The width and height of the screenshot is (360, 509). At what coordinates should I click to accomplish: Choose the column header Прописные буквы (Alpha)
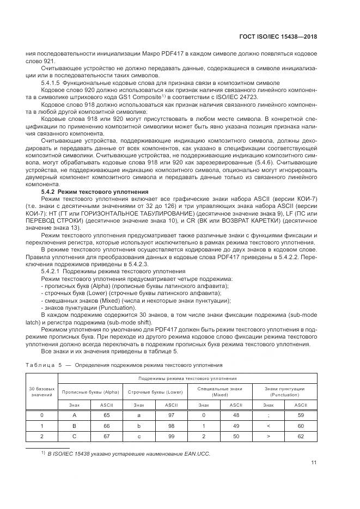[90, 391]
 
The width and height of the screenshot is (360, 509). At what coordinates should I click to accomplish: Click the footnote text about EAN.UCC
[129, 453]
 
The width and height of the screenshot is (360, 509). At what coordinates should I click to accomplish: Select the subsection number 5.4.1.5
[50, 82]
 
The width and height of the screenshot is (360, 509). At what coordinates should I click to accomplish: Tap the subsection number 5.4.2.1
[50, 271]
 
